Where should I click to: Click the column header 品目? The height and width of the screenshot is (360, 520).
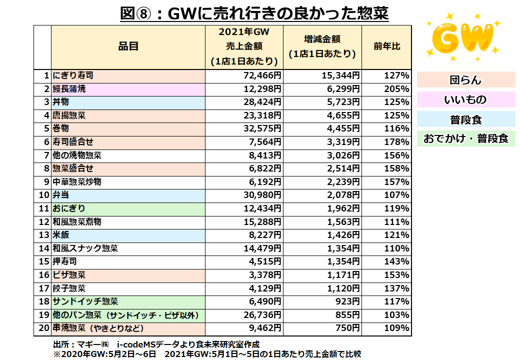point(128,46)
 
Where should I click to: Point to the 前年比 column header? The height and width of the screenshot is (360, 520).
point(386,46)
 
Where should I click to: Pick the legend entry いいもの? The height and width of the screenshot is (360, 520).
point(465,100)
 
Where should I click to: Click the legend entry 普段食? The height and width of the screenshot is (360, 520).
point(465,119)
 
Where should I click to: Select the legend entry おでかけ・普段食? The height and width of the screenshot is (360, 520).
point(465,138)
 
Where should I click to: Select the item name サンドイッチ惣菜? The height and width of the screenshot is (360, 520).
point(85,301)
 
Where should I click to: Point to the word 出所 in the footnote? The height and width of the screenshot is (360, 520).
point(60,345)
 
